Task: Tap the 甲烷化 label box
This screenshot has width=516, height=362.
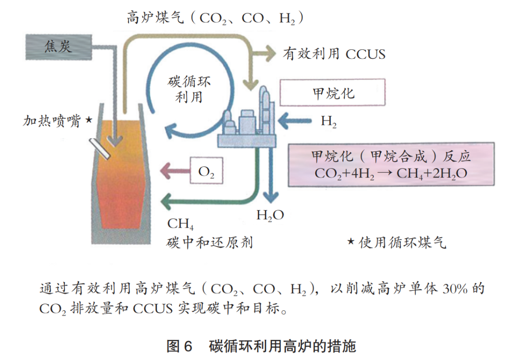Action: [333, 92]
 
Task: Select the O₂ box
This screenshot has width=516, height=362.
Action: [206, 171]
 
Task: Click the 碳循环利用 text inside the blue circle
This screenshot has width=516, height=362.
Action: [189, 89]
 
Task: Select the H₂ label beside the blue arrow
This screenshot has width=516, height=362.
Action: [328, 121]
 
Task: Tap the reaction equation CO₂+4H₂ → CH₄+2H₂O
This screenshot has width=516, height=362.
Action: [390, 173]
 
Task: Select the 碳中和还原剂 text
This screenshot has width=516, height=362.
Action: [209, 243]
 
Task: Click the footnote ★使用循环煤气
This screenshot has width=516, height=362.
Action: [396, 243]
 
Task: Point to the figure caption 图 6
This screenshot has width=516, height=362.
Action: [179, 346]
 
